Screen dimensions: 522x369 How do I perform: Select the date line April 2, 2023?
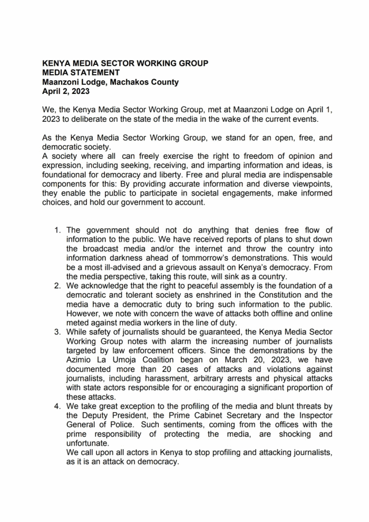tap(66, 91)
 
